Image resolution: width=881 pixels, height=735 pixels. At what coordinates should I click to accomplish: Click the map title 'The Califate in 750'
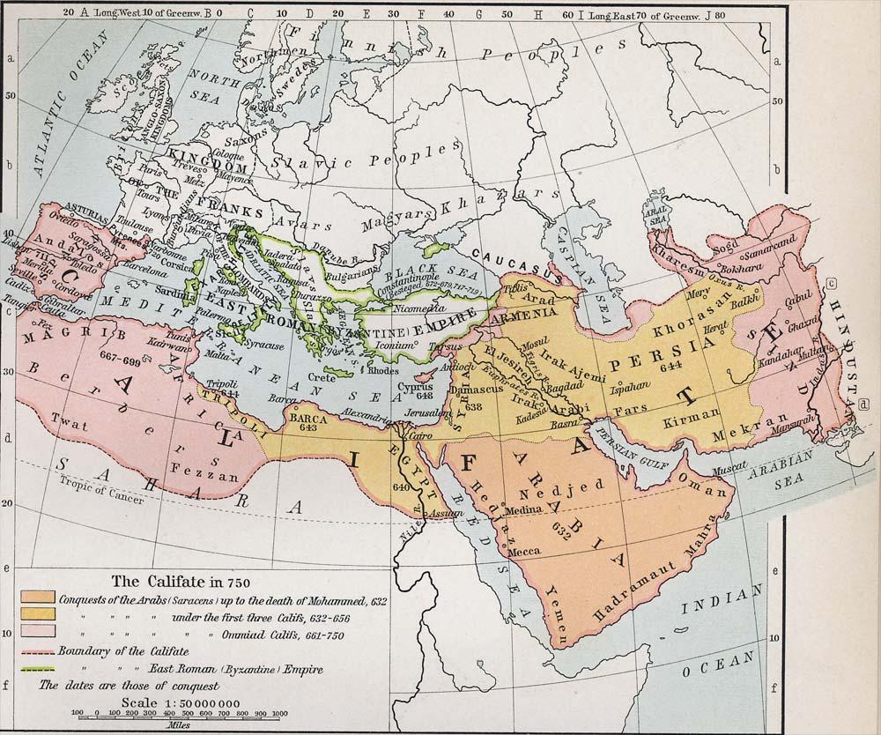click(168, 582)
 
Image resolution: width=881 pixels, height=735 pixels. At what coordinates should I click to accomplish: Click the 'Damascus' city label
click(474, 389)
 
